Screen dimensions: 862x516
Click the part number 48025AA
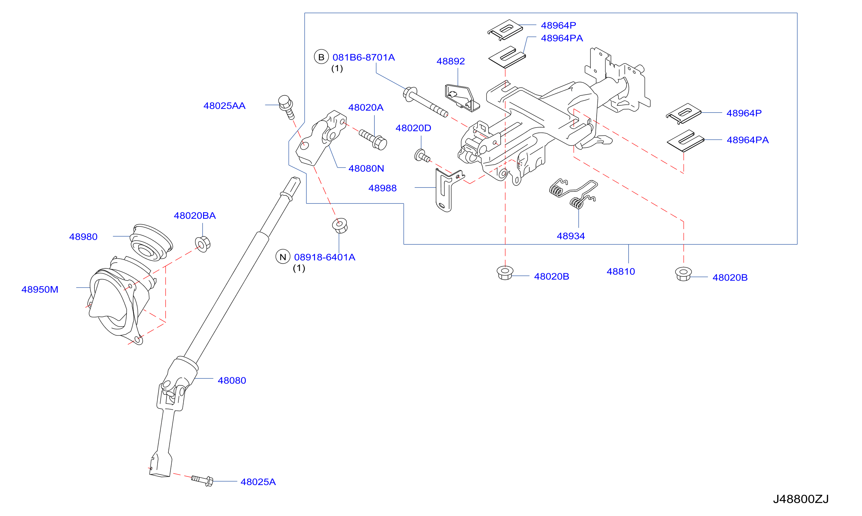[x=224, y=106]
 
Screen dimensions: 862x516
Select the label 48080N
[x=366, y=168]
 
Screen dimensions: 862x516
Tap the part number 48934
[x=571, y=236]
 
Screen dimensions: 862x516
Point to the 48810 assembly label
[x=621, y=271]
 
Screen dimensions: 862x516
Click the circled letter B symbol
[x=321, y=57]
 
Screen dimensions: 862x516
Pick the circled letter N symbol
[x=283, y=257]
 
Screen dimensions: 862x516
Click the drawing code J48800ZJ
[x=801, y=499]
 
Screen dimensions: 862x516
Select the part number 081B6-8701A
[x=364, y=57]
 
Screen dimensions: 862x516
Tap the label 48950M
[x=40, y=289]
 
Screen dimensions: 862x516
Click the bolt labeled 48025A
[x=202, y=480]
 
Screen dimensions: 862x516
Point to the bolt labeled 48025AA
[x=287, y=107]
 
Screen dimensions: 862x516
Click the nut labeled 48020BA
[x=203, y=244]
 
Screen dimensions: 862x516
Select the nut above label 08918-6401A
[x=340, y=225]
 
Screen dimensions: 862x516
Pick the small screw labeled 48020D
[x=422, y=155]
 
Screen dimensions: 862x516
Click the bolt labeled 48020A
[x=373, y=139]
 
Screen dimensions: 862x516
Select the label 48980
[x=83, y=236]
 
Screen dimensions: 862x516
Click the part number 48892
[x=451, y=61]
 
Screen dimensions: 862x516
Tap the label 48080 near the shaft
[x=232, y=380]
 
